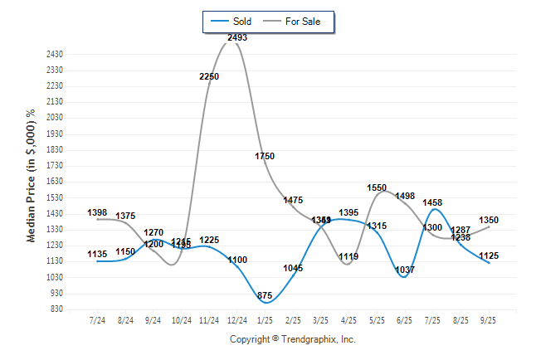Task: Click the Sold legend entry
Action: (232, 22)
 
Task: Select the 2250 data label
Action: (209, 76)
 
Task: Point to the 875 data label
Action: (266, 295)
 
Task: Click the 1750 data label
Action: (265, 156)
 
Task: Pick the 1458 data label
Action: (432, 202)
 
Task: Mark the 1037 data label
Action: (405, 270)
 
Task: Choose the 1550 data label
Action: (377, 187)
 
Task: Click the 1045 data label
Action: (293, 268)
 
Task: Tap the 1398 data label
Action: (98, 212)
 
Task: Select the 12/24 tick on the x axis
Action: (236, 320)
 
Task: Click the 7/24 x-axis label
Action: (98, 320)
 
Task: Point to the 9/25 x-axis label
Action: (489, 320)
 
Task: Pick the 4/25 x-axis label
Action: (348, 320)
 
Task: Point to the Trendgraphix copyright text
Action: (292, 339)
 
